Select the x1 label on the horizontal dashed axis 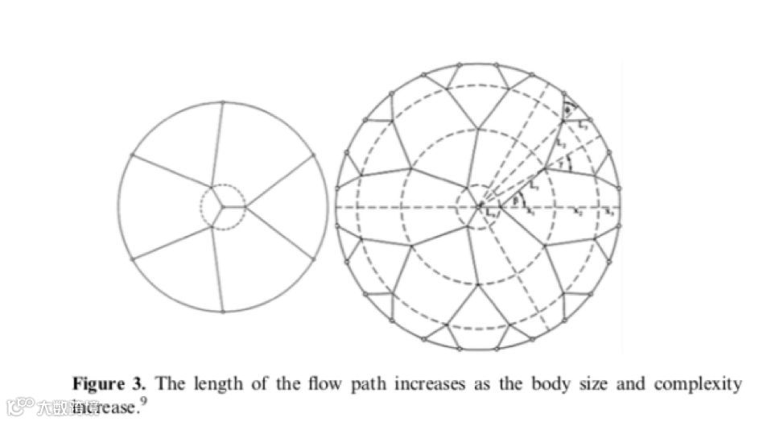(x=530, y=211)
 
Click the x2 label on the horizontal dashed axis (x=577, y=212)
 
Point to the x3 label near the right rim (x=609, y=212)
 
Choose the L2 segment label (x=562, y=143)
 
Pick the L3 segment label (x=583, y=124)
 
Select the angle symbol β (x=516, y=201)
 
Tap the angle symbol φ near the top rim (x=568, y=110)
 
